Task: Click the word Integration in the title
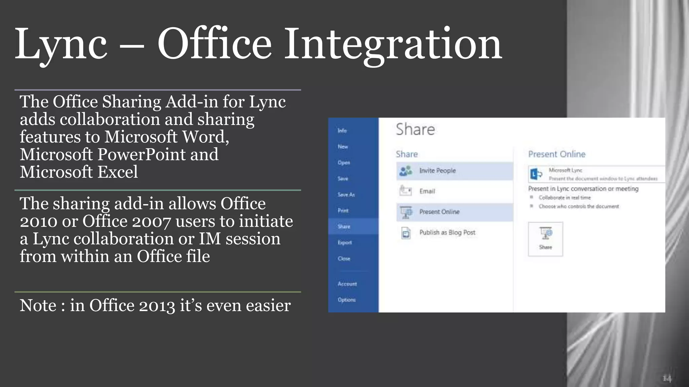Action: point(393,44)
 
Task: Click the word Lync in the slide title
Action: point(61,44)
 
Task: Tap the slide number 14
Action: point(666,379)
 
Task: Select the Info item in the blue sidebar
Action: point(342,131)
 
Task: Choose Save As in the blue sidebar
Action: point(346,195)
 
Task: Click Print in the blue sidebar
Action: point(343,211)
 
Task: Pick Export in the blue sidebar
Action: point(345,243)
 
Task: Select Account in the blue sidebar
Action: point(347,284)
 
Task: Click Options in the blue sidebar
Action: point(347,300)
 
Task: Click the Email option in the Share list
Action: point(427,191)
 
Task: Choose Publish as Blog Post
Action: point(447,232)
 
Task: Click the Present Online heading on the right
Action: point(557,154)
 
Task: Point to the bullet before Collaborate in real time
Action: point(532,198)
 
